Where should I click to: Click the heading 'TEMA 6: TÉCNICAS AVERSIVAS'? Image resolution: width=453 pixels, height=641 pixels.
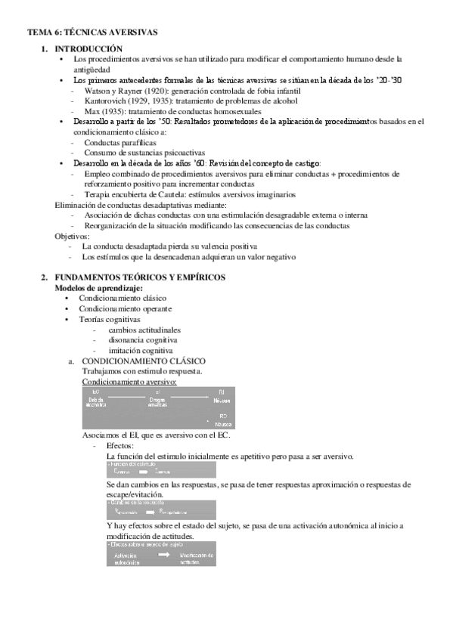point(92,33)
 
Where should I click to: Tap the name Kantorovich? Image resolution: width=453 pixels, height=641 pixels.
point(108,101)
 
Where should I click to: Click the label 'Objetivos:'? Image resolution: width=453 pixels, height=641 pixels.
point(71,236)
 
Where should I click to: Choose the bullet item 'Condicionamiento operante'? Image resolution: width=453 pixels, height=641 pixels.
point(125,308)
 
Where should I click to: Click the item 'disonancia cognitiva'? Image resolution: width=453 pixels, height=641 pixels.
point(143,340)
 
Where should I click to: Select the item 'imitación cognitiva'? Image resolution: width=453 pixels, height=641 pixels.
point(141,351)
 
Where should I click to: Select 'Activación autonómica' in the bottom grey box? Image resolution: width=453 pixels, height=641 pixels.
point(126,558)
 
